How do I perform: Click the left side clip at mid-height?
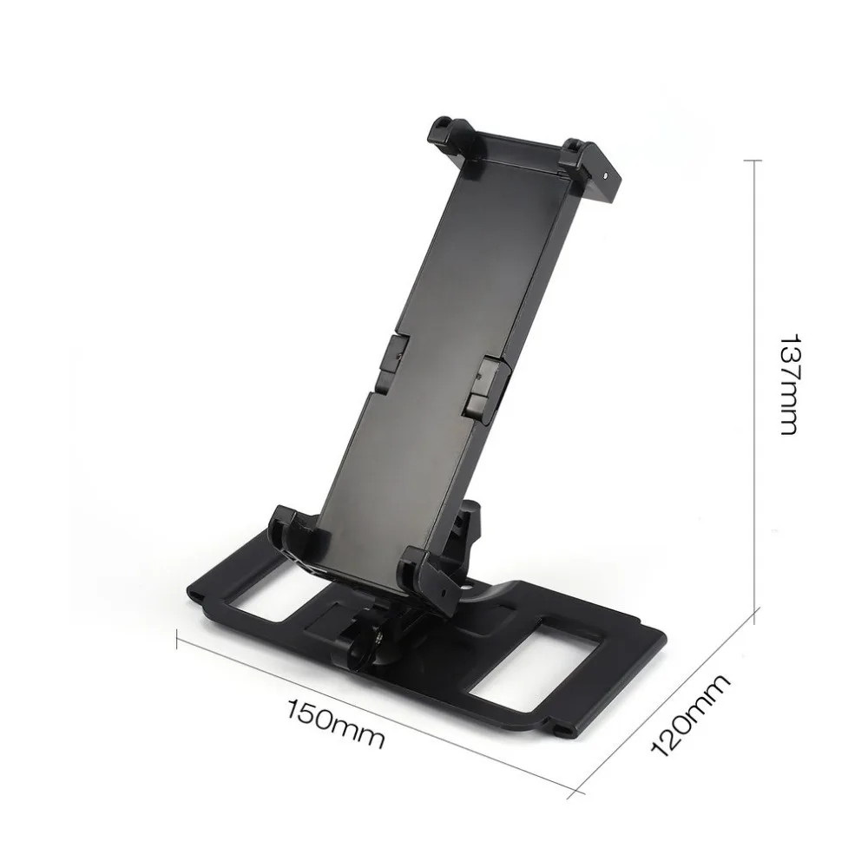(x=389, y=358)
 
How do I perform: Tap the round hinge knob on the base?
(x=359, y=647)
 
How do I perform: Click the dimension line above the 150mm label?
(x=373, y=713)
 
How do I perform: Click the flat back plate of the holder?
(x=434, y=347)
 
